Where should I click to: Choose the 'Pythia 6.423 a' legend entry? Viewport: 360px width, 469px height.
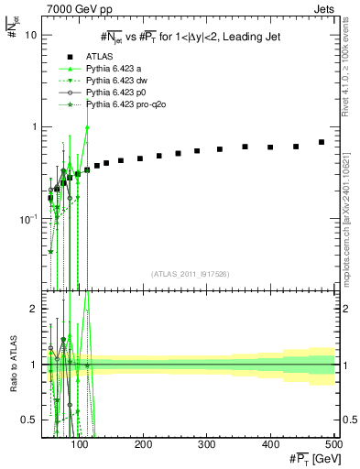pyautogui.click(x=115, y=68)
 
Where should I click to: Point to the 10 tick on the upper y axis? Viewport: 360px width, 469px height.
pyautogui.click(x=30, y=35)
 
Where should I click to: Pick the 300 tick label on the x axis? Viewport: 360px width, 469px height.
pyautogui.click(x=207, y=443)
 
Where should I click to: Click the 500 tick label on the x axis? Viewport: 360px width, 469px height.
pyautogui.click(x=333, y=443)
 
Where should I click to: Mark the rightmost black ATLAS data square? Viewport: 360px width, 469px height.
pyautogui.click(x=322, y=142)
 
